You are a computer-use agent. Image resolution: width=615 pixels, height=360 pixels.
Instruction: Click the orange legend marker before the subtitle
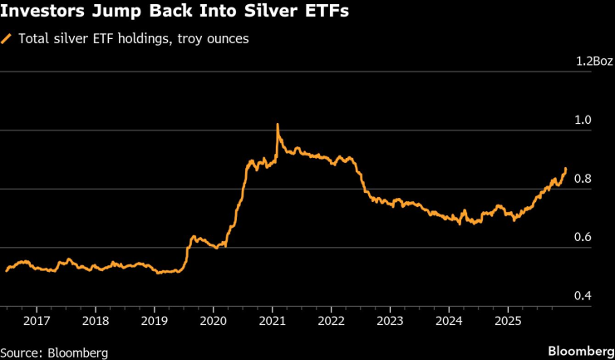coord(7,38)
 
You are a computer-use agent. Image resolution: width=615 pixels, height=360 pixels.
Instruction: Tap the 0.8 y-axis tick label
coord(584,179)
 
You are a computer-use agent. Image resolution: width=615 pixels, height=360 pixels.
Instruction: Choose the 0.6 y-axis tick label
coord(584,238)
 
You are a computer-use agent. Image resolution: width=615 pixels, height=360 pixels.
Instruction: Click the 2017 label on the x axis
coord(37,321)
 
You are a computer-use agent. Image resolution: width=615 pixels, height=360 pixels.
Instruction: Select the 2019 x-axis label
coord(155,321)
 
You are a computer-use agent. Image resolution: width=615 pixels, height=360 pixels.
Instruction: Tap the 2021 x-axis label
coord(273,321)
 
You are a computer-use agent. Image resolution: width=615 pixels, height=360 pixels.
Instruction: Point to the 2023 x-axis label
coord(391,321)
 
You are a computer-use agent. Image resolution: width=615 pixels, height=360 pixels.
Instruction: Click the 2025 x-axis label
coord(508,321)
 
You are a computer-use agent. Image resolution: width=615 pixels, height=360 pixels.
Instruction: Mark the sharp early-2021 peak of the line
coord(277,125)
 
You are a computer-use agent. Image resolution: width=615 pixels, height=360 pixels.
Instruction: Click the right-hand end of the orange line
coord(566,169)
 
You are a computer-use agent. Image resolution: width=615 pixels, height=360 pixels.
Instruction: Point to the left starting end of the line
coord(7,270)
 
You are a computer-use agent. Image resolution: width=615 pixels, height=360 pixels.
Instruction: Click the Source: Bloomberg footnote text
coord(54,353)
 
